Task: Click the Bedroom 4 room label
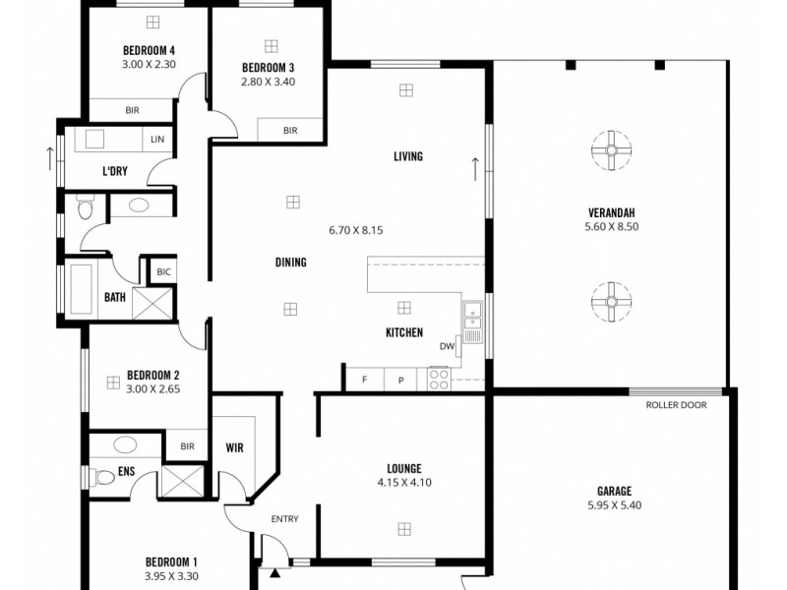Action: click(149, 49)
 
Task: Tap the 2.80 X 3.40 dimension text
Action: click(268, 82)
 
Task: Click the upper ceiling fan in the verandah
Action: click(610, 150)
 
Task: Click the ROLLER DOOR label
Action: click(676, 405)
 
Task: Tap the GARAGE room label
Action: click(614, 491)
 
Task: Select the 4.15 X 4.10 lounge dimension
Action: click(404, 483)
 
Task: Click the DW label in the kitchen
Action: click(447, 346)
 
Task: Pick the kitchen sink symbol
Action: click(473, 315)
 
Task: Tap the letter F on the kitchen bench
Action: click(365, 380)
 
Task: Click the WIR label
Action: click(234, 447)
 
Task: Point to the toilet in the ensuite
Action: click(102, 478)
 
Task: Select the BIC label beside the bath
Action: click(162, 270)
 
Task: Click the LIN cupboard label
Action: click(157, 139)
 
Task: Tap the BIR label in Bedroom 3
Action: click(290, 130)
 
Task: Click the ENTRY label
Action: click(284, 519)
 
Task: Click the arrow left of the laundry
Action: click(47, 157)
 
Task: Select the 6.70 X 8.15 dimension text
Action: click(355, 229)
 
